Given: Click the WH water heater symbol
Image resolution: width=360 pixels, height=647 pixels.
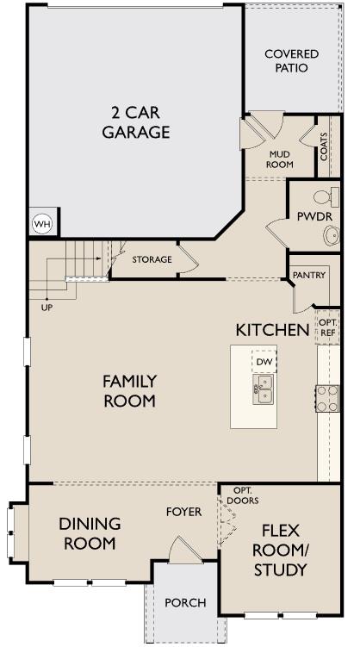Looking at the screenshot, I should point(41,224).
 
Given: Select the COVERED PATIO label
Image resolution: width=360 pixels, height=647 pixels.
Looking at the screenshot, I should point(291,60).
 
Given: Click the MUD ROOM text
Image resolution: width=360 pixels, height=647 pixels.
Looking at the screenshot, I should point(281,159).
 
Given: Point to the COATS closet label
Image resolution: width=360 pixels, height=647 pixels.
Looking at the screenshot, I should point(324,146).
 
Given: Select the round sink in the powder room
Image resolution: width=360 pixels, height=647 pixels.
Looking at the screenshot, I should point(331,234).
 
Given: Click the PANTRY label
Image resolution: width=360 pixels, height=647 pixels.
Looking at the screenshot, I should point(308,275).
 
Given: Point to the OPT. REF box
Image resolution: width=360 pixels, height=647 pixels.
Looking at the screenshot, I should point(328,327).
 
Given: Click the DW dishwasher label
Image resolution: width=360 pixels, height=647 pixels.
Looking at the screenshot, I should point(264,362).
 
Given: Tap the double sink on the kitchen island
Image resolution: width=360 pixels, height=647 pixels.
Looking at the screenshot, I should point(264,389).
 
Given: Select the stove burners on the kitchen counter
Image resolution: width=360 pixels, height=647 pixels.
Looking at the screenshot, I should point(328,397).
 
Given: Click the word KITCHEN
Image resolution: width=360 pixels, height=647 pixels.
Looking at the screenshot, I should point(272,330).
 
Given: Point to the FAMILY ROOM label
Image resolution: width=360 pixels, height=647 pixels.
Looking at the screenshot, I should point(129,391).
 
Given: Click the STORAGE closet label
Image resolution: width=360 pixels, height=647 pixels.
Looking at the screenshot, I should point(152,259).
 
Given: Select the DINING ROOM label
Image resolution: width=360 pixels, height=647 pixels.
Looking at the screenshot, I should point(90,533).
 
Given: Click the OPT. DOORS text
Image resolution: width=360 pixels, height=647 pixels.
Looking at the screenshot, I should point(244,495).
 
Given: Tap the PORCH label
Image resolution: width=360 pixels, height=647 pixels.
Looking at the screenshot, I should point(184,602).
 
